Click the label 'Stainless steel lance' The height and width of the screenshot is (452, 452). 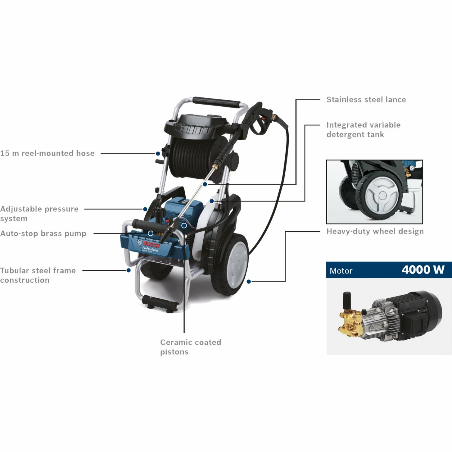[366, 99]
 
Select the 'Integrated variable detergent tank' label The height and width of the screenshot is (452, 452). [363, 130]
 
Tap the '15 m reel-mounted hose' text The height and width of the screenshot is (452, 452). [47, 153]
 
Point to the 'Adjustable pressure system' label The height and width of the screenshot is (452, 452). [39, 214]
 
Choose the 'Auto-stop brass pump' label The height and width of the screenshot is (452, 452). [43, 234]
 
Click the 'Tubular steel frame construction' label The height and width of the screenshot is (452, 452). [38, 275]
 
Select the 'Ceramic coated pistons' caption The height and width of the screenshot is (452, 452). [190, 347]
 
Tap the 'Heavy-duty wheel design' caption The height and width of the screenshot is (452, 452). [375, 231]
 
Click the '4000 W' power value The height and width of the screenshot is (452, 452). [423, 270]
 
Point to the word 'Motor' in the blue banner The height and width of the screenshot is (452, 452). [341, 271]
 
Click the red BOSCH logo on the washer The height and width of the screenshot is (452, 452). [151, 244]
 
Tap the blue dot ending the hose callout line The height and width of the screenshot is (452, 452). [158, 154]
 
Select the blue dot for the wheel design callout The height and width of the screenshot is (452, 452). [249, 281]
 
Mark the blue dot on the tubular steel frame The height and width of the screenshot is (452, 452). [129, 270]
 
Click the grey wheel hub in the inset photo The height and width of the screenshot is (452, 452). [382, 195]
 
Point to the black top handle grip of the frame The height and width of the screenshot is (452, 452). [216, 102]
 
